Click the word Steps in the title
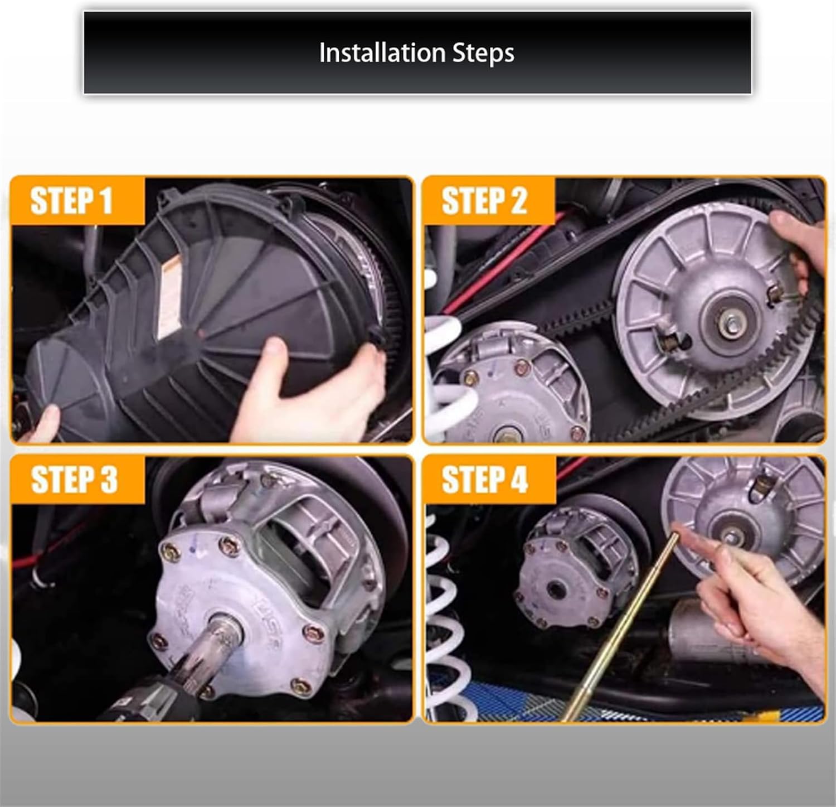click(x=483, y=54)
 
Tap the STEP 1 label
click(x=71, y=201)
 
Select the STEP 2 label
click(x=484, y=201)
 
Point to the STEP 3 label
click(x=74, y=480)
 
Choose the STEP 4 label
click(x=484, y=480)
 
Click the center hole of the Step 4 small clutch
click(x=555, y=587)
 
